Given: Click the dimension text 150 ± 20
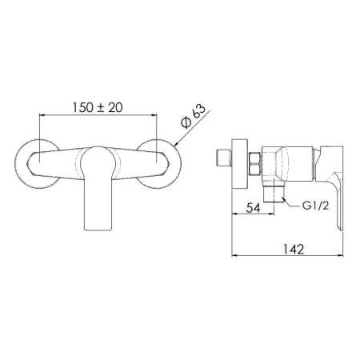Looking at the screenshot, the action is (x=98, y=107).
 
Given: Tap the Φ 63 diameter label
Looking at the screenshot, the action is (x=194, y=116).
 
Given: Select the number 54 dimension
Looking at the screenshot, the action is (x=253, y=208).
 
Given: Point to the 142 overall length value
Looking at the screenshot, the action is (x=293, y=249).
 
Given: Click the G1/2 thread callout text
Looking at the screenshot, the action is (x=315, y=206).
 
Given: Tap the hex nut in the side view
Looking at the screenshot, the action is (x=255, y=164).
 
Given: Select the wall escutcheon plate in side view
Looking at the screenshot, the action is (x=240, y=164).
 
